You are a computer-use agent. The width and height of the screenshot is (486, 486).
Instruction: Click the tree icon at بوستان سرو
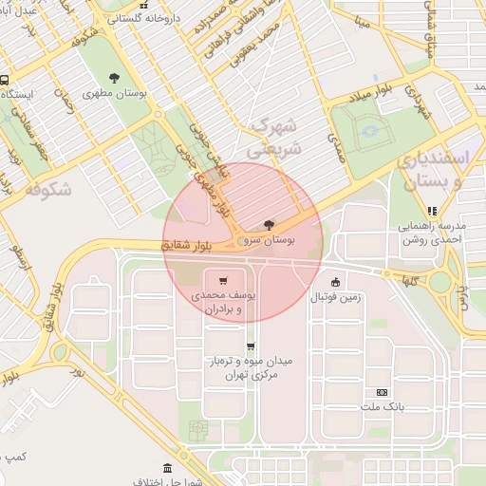271,226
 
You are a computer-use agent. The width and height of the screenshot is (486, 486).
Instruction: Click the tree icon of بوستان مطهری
115,78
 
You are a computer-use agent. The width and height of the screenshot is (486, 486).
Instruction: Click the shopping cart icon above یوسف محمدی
223,281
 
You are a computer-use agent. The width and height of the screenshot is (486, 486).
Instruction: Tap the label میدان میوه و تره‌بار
250,368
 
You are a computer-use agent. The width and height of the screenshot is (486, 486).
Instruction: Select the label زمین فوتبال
335,297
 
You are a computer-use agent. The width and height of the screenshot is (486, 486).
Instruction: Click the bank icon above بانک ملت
382,391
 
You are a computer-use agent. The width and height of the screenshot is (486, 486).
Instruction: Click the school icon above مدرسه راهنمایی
433,212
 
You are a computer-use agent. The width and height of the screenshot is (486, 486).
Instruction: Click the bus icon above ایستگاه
5,81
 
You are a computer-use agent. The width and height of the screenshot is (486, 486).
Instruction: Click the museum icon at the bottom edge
167,469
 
